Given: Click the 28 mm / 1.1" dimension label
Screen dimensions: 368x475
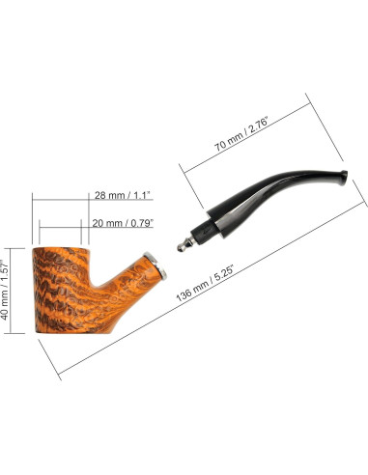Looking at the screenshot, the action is (123, 195).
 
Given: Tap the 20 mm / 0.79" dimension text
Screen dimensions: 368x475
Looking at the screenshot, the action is (123, 223).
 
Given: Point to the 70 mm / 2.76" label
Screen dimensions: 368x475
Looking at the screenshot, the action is (241, 134).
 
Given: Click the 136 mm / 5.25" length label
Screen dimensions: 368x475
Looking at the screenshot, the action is (205, 283).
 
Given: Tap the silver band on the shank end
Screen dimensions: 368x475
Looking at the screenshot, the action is (156, 265).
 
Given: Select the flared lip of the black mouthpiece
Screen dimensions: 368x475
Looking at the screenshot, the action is (342, 178).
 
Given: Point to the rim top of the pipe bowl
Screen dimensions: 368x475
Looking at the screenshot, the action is (61, 248).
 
